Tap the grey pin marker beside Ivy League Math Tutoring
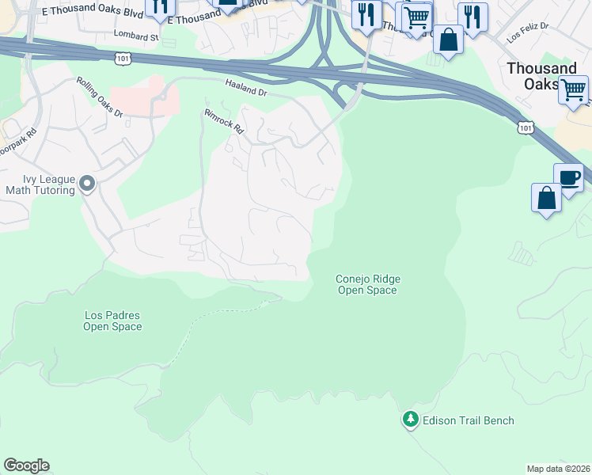point(88,184)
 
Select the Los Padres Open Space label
point(113,321)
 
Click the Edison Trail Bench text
point(468,420)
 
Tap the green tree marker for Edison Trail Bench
point(410,419)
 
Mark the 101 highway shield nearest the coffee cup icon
point(525,127)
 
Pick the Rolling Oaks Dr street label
point(101,97)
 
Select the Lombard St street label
point(136,36)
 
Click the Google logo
point(26,465)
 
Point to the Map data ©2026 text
point(558,468)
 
